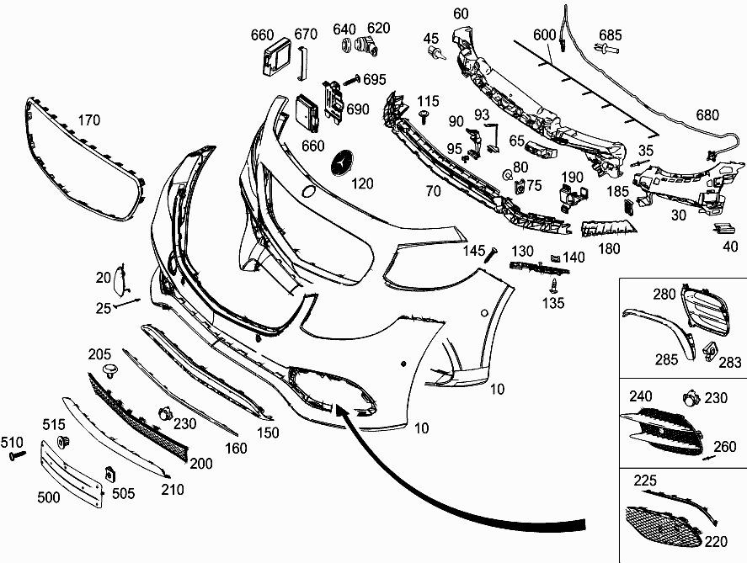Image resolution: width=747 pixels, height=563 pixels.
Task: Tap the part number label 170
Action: coord(89,120)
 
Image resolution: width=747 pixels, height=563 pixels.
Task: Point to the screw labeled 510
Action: coord(16,455)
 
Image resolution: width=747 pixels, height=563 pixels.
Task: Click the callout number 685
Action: coord(611,35)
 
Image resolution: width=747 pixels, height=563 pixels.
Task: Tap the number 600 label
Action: coord(545,35)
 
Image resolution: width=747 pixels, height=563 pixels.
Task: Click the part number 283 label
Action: coord(730,363)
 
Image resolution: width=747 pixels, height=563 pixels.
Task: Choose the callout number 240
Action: coord(642,396)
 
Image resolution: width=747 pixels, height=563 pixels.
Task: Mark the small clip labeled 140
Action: coord(555,258)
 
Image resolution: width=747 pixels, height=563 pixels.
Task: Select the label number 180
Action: coord(608,248)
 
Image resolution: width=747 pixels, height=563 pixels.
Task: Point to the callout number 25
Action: coord(104,308)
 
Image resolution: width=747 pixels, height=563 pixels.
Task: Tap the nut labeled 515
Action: coord(61,442)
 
